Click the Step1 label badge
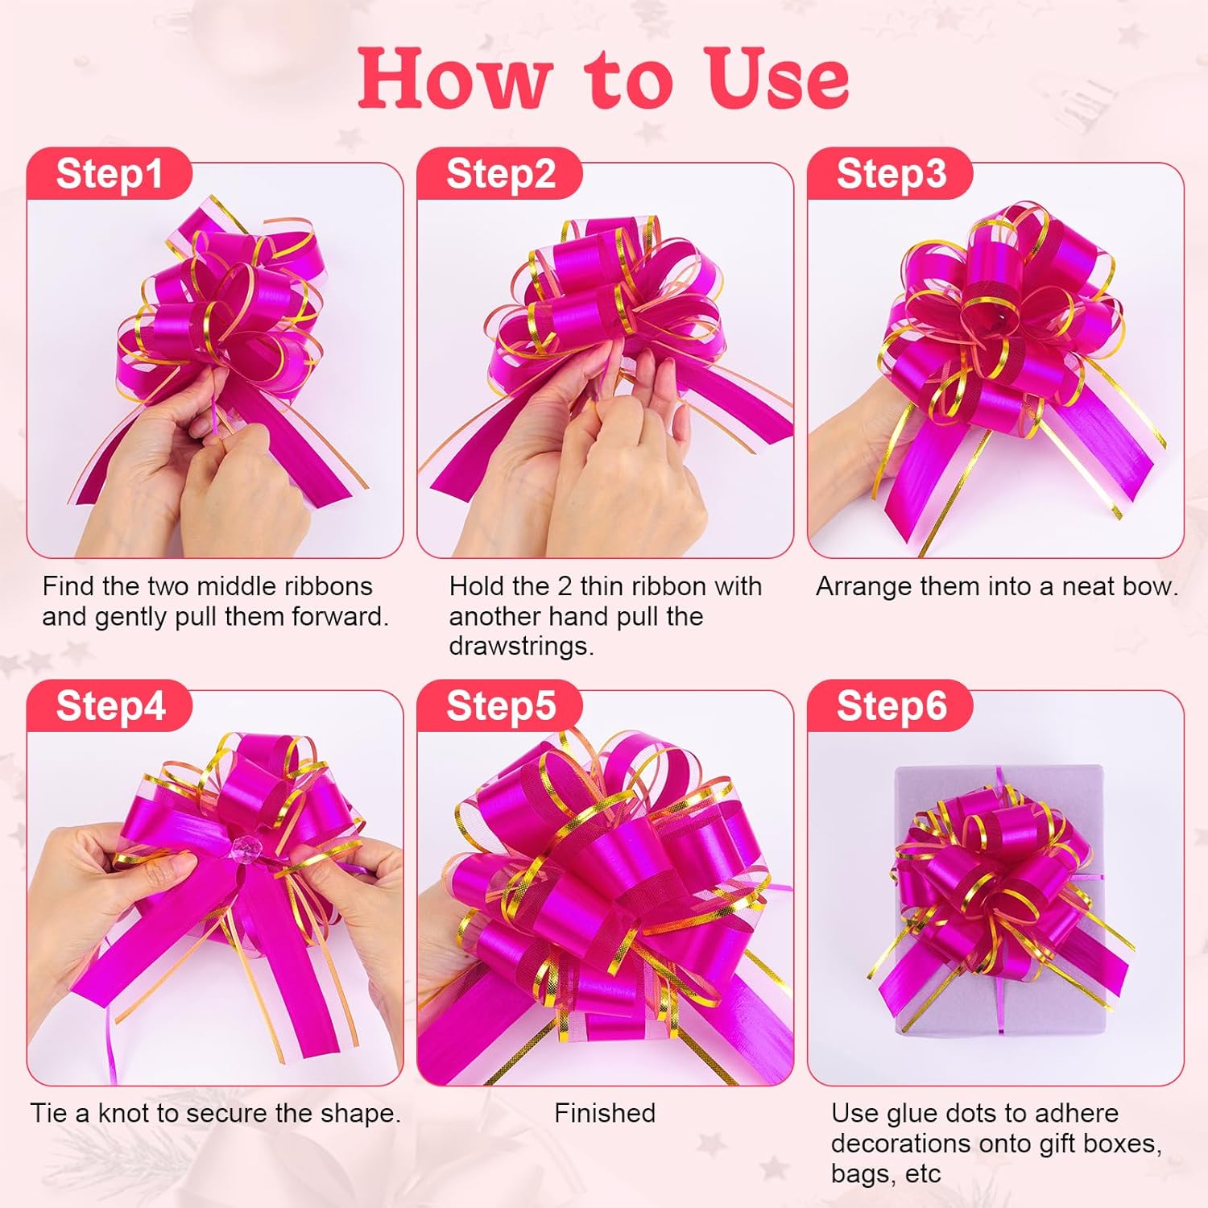click(109, 174)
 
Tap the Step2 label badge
click(500, 174)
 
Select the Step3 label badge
click(891, 174)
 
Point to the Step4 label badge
click(110, 705)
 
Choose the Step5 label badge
click(500, 705)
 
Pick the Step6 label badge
click(891, 705)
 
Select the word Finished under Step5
click(604, 1113)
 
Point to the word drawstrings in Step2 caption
click(520, 646)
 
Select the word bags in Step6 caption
click(861, 1174)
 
